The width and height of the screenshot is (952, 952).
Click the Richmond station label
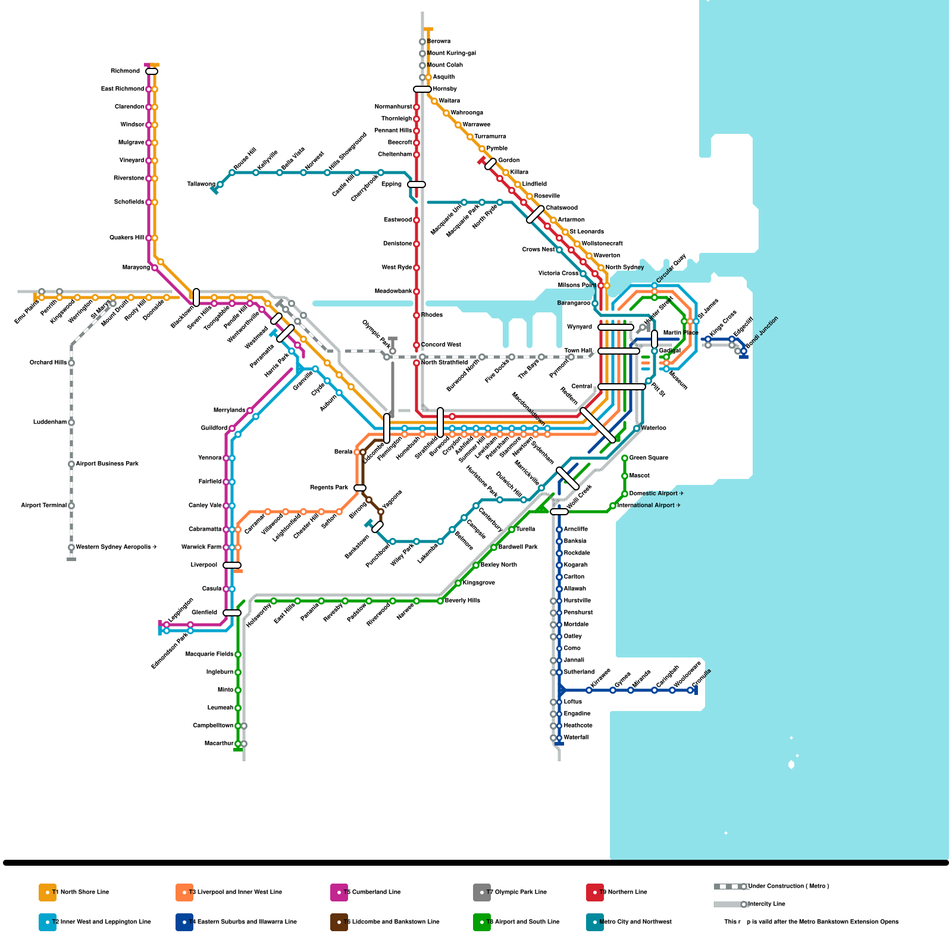[125, 71]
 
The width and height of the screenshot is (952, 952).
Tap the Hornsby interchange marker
[422, 89]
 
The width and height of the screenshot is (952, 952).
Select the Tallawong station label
[201, 184]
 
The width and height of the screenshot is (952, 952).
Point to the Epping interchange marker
[416, 184]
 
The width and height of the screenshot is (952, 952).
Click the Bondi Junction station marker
[744, 351]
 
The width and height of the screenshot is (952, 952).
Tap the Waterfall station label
[576, 738]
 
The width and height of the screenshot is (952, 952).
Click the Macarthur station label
[219, 744]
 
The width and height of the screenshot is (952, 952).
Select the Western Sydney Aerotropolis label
[117, 547]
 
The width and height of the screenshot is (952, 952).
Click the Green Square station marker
[625, 458]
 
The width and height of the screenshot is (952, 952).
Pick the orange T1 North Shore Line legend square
[48, 892]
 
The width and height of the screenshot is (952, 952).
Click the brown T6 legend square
[339, 922]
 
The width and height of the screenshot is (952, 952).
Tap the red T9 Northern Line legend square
[595, 892]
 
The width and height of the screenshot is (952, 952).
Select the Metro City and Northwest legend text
[635, 922]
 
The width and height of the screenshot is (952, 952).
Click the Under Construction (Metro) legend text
[788, 887]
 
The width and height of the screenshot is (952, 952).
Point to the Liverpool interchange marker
[232, 565]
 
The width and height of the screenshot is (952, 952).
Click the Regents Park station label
[329, 488]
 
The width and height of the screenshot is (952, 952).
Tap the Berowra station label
[439, 42]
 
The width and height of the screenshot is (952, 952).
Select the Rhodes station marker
[416, 315]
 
